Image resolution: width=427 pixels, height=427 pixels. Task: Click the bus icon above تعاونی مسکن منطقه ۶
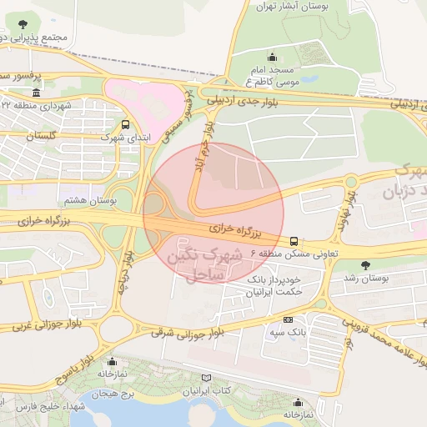coord(293,241)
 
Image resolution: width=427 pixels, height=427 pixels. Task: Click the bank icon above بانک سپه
coord(289,319)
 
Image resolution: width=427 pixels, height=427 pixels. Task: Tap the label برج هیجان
coord(109,392)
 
